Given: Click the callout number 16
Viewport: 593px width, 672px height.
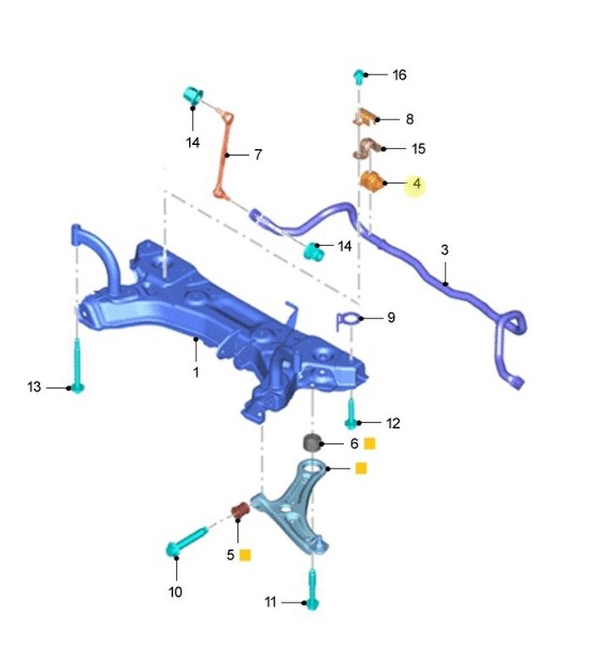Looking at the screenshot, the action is (399, 75).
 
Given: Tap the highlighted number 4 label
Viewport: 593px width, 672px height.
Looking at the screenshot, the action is (417, 183).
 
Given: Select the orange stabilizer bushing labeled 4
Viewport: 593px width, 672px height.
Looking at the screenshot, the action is (371, 181).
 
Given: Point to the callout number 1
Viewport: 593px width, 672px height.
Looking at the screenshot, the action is (196, 372).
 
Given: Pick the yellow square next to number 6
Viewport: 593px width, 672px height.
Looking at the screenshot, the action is (369, 443).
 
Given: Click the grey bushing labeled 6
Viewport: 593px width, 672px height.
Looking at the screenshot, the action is (313, 442).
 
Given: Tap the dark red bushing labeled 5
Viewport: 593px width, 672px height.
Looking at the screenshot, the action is (241, 509).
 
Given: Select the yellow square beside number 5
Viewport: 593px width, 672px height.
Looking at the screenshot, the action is (245, 555).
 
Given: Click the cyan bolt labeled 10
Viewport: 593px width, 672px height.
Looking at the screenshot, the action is (186, 541).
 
